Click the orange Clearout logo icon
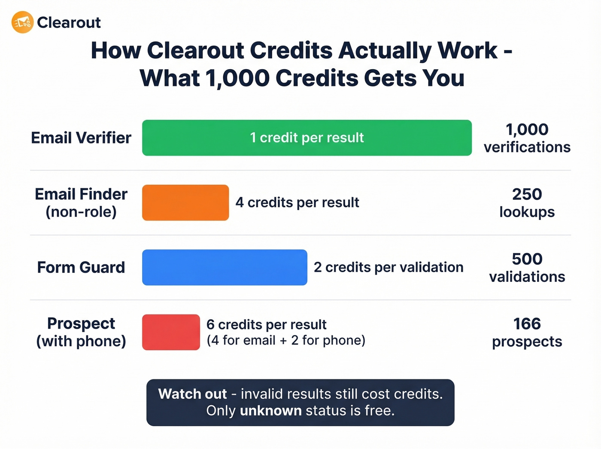22,22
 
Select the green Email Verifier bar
307,138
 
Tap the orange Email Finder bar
185,203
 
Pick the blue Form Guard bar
225,267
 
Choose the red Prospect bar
171,332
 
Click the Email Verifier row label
81,138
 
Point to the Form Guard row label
81,267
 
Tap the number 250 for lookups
527,194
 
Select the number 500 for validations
527,259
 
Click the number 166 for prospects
527,324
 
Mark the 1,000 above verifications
527,129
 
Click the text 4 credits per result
297,202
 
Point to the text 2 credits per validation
389,267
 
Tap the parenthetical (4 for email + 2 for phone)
286,340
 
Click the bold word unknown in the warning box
270,411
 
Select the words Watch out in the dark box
192,394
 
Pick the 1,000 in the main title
237,78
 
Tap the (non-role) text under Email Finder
81,212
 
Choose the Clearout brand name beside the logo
69,22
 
